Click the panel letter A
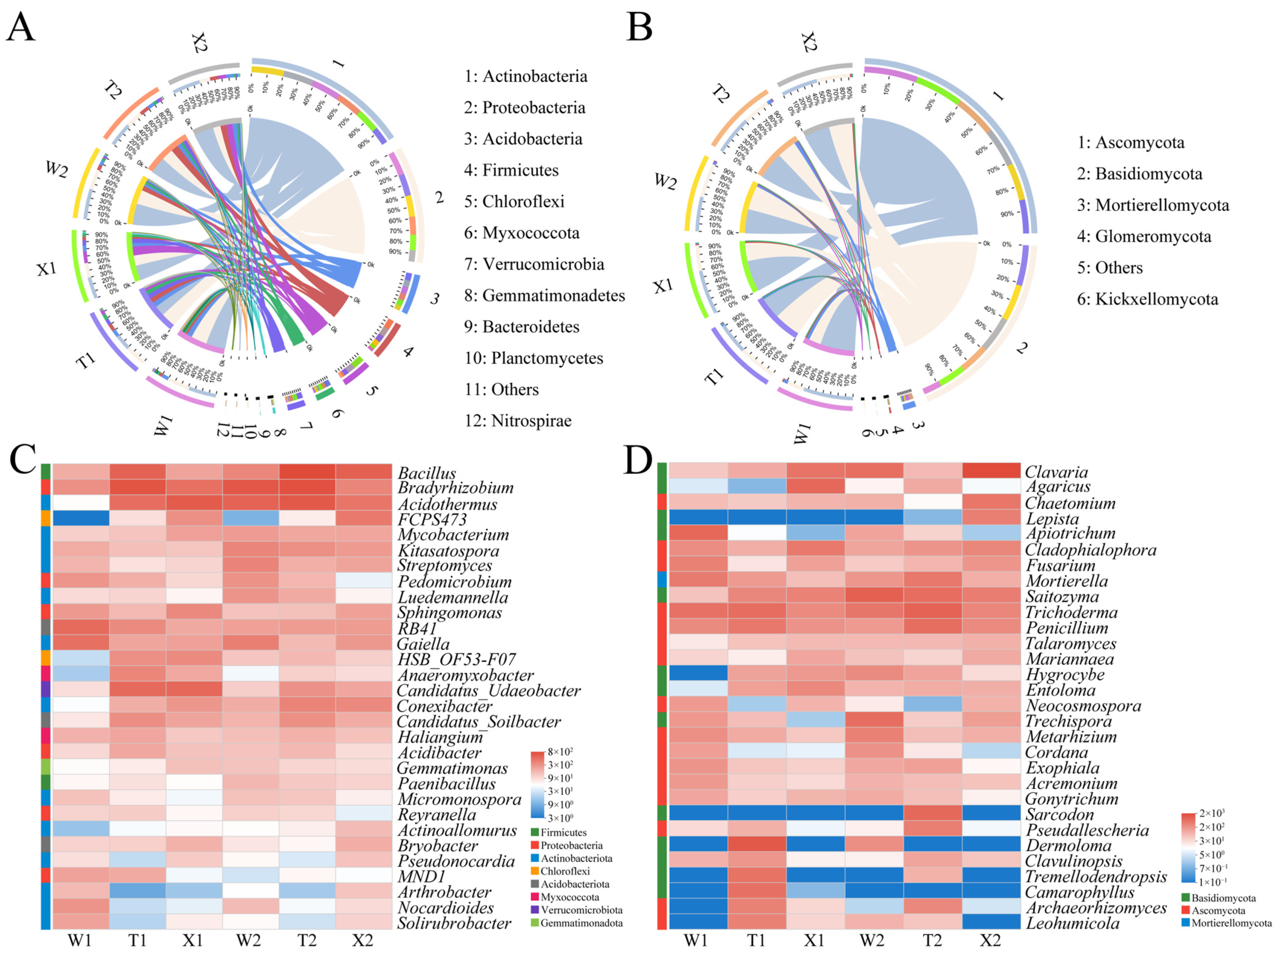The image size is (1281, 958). click(x=20, y=27)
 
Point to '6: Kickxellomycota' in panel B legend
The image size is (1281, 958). click(x=1147, y=299)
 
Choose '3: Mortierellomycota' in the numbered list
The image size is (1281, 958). click(x=1153, y=205)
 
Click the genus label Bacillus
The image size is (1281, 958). click(x=427, y=473)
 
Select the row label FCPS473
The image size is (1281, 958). click(x=432, y=519)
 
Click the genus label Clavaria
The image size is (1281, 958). click(x=1056, y=472)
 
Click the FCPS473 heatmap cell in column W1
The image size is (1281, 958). click(x=81, y=518)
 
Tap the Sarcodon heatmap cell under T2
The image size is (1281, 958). click(x=932, y=813)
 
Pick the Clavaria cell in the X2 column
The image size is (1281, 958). click(x=991, y=471)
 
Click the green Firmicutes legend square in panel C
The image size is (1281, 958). click(x=535, y=832)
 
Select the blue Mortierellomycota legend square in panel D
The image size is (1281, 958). click(x=1186, y=923)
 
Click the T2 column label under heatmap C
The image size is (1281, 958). click(x=307, y=941)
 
